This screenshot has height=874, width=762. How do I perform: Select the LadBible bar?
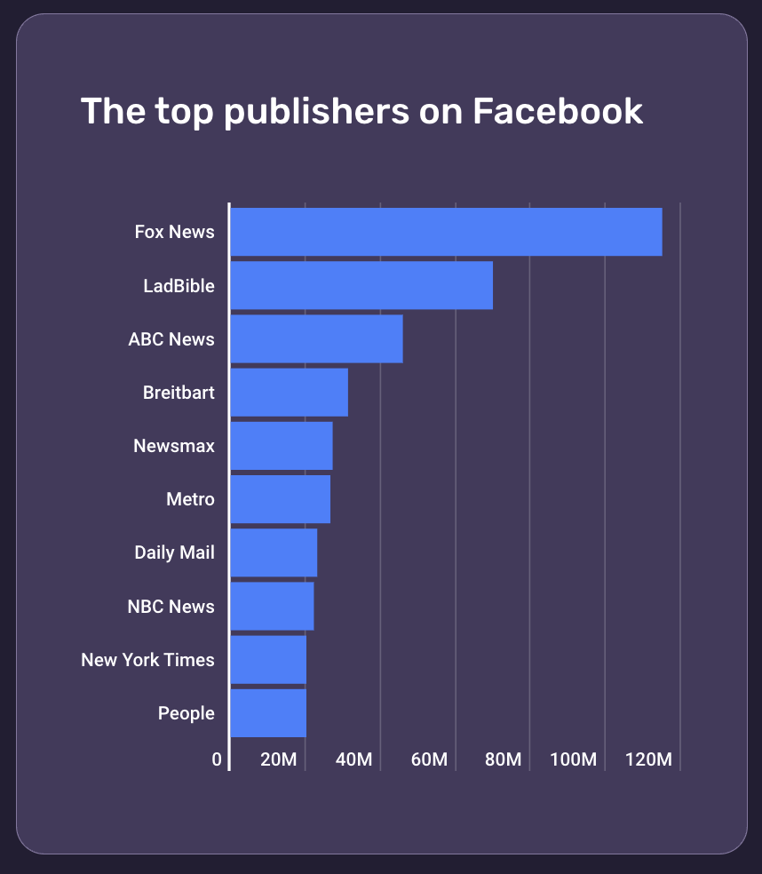pos(361,285)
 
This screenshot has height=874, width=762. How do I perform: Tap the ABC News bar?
pos(316,338)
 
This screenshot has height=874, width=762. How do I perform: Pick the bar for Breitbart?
pos(289,392)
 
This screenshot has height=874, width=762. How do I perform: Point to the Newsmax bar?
pos(282,446)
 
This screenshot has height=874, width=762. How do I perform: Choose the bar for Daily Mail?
pos(274,552)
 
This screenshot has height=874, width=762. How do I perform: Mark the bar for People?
pos(268,712)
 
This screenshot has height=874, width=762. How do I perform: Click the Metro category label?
pos(190,499)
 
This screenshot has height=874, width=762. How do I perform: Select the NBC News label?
pos(171,607)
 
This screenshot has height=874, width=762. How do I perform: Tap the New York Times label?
pos(147,660)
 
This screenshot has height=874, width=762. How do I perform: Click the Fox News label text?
pos(174,232)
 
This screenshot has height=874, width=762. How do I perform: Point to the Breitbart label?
pos(179,392)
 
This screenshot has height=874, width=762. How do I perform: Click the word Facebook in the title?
pos(557,111)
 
